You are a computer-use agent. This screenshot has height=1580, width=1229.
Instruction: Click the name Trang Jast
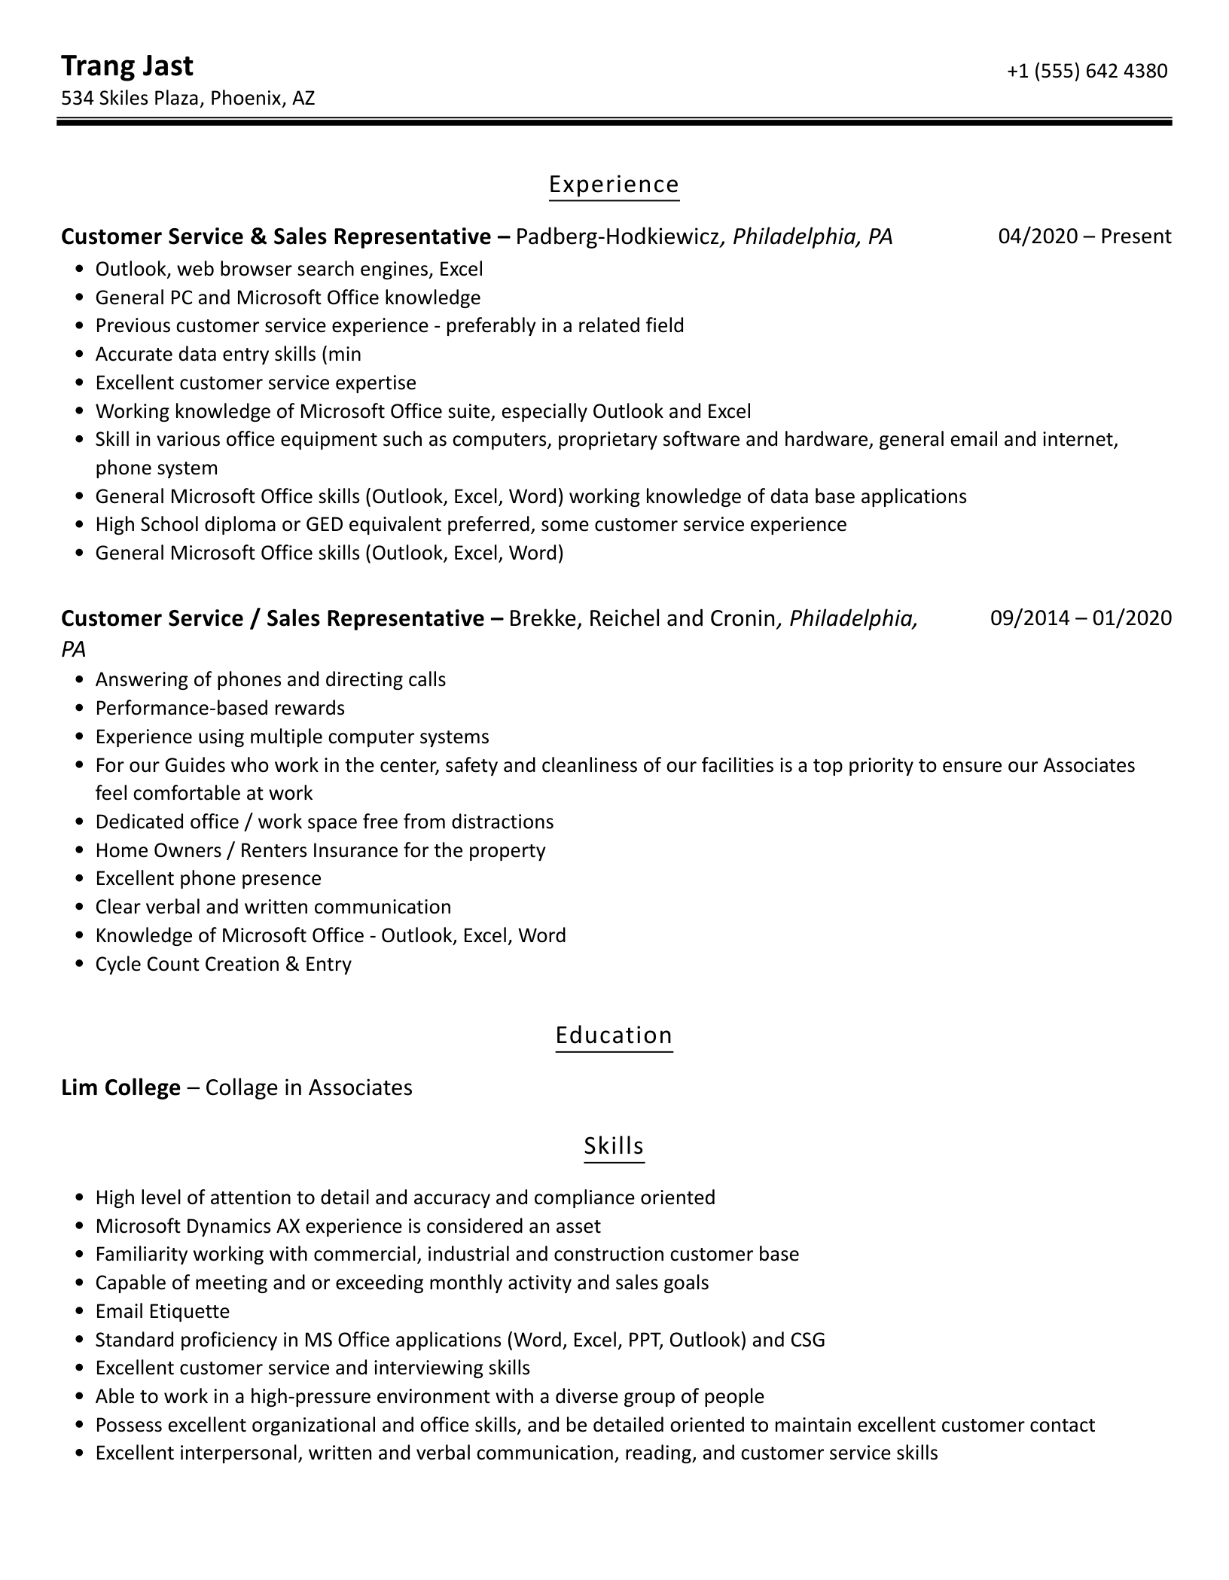127,66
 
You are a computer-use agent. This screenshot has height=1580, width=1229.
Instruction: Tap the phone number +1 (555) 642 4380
1087,71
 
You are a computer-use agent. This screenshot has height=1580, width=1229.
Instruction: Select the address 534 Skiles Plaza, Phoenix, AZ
188,98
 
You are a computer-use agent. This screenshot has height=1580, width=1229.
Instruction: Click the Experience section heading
614,185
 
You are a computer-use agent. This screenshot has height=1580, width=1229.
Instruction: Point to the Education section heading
614,1036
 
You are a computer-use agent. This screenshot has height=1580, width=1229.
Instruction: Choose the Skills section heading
614,1146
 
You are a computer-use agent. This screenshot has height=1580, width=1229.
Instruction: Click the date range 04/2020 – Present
1084,236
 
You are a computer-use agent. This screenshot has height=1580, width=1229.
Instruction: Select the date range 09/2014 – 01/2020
1081,618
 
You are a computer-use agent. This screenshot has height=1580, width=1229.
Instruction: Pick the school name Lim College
120,1087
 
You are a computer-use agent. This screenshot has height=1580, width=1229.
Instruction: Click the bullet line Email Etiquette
162,1311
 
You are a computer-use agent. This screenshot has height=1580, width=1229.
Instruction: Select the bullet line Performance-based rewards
220,708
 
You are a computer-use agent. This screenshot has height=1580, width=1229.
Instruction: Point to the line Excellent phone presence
208,878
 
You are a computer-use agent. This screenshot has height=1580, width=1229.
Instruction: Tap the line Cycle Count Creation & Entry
223,964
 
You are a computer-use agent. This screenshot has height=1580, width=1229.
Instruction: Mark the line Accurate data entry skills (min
228,354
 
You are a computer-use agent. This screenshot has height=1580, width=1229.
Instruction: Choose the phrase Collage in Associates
309,1087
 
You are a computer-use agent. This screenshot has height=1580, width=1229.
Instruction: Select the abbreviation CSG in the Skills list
807,1340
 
